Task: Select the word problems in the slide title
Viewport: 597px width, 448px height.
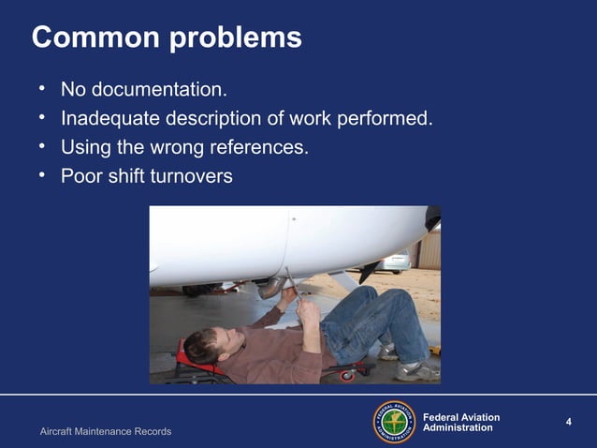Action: (x=237, y=39)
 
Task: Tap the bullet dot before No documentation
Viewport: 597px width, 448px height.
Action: (x=42, y=90)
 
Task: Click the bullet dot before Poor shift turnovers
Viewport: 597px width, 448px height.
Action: (x=42, y=174)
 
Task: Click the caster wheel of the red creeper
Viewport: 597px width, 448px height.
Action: (x=346, y=375)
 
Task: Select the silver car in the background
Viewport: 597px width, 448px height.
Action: (x=398, y=261)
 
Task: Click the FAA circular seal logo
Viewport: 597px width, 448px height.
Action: (x=394, y=423)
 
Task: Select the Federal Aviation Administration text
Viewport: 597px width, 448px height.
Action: (x=461, y=423)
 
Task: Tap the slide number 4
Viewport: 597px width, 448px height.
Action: (x=568, y=422)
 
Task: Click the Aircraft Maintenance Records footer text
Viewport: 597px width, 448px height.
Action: (x=106, y=431)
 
